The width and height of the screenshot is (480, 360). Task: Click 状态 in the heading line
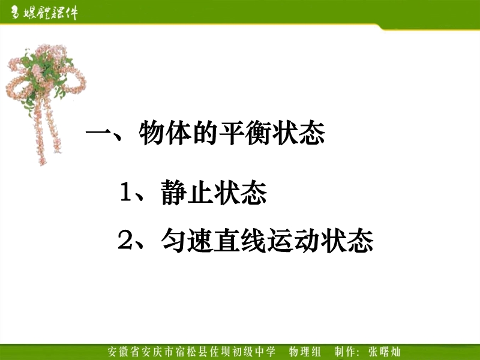tap(301, 133)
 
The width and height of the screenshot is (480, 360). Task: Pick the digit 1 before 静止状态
tap(126, 191)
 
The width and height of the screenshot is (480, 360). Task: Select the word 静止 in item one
tap(187, 192)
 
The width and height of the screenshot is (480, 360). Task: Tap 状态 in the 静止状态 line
tap(241, 192)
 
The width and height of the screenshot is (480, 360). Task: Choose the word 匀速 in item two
tap(187, 241)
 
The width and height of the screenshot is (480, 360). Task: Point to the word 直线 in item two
tap(240, 241)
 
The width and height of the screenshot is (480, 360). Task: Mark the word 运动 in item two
tap(293, 241)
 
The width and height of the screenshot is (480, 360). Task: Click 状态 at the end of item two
tap(347, 241)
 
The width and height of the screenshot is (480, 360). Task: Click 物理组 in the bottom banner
tap(305, 352)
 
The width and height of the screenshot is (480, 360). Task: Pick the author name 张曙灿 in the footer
tap(385, 352)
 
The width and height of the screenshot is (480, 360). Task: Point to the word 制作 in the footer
tap(346, 352)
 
